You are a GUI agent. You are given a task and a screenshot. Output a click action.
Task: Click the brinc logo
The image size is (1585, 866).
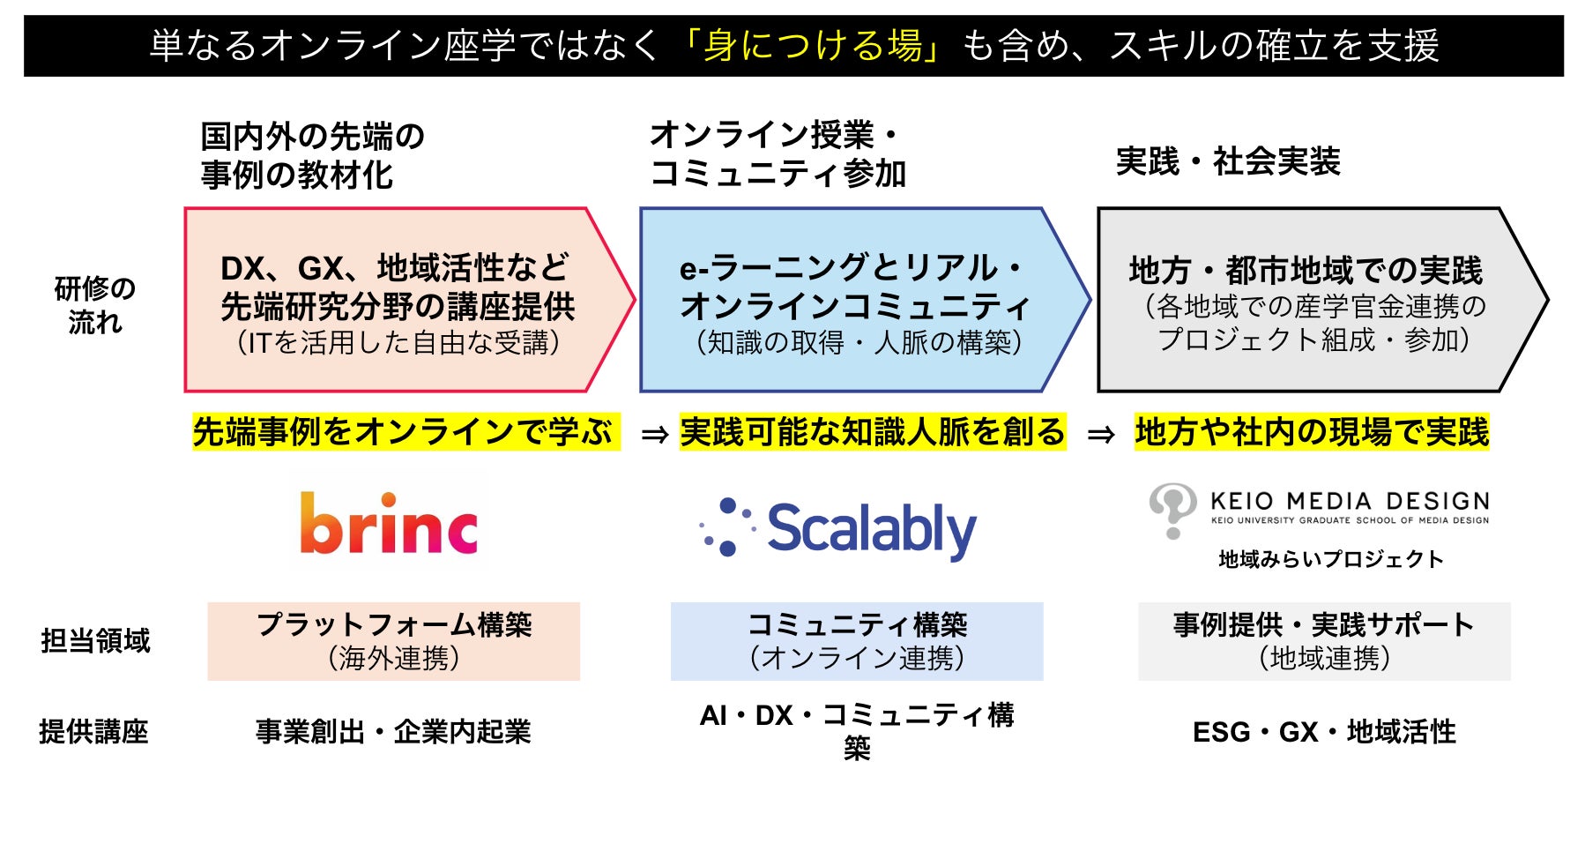389,525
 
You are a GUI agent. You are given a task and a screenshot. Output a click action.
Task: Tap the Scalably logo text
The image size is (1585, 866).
871,529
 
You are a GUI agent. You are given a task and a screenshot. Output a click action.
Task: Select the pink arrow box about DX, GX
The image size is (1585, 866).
397,301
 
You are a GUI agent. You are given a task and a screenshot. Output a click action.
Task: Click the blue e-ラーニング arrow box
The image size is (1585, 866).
855,301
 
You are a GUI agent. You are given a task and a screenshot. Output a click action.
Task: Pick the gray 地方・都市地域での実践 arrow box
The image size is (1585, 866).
1309,301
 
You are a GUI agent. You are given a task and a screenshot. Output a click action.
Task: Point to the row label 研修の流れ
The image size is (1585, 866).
95,305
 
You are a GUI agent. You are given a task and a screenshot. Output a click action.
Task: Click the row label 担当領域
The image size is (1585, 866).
95,641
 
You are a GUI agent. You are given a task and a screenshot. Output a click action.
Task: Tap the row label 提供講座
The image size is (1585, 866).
93,732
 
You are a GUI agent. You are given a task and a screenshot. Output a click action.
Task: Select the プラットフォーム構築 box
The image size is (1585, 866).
394,641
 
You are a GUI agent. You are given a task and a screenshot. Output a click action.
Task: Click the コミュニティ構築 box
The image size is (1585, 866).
857,641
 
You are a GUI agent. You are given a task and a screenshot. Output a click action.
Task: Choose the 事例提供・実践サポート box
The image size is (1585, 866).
1324,641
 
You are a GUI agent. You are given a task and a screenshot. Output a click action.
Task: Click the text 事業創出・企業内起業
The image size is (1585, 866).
393,732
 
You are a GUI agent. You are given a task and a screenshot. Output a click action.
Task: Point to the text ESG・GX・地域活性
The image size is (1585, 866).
1324,732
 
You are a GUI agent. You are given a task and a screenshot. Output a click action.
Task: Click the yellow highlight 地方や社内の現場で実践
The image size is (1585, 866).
1312,432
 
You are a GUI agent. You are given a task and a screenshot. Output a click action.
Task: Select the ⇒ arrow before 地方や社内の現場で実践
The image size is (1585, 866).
1101,435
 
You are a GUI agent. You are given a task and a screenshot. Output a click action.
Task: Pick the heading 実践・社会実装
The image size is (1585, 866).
1228,161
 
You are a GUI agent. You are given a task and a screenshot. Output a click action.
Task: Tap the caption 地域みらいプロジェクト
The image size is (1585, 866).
1331,559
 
